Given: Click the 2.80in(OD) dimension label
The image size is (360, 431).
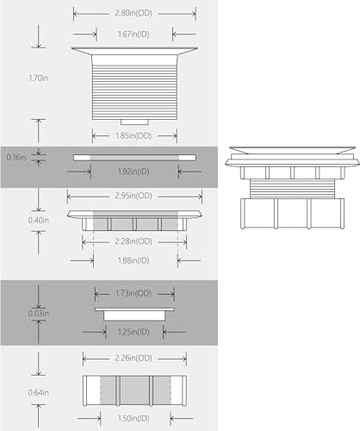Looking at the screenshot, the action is coord(133,13).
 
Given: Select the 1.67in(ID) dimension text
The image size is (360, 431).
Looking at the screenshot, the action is coord(133,34).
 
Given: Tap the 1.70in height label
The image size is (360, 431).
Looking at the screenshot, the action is coord(39,78).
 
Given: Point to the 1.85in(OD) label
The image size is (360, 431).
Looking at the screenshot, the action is coord(133,135).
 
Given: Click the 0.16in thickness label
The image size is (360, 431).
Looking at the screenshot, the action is coord(16,158).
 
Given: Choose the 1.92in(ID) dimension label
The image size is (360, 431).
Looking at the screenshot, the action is coord(133,172).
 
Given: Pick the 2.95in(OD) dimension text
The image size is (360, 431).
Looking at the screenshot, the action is coord(133,196).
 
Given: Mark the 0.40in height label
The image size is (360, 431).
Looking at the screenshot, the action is coord(39,221).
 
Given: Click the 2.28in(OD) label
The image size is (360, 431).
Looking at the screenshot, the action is coord(133,241).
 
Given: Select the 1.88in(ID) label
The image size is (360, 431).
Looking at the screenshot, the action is coord(133,260).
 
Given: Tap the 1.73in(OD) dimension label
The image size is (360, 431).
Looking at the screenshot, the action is coord(133,293).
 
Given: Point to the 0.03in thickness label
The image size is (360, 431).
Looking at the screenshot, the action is coord(39,313).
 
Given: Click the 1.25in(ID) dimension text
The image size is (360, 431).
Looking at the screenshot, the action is coord(133,332).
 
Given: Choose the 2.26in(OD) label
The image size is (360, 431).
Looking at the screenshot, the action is coord(133,359).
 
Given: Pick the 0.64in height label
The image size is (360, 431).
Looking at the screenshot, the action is coord(39,392).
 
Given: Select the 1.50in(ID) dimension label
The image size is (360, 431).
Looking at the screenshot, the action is coord(133,418).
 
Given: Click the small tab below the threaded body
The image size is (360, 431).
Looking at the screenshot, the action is coord(134,122).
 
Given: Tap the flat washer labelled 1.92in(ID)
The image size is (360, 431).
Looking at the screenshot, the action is coord(134,158).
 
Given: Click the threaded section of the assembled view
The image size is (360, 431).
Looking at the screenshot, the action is coord(292,189).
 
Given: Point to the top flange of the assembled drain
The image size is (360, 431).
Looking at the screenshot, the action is coord(292,150).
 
